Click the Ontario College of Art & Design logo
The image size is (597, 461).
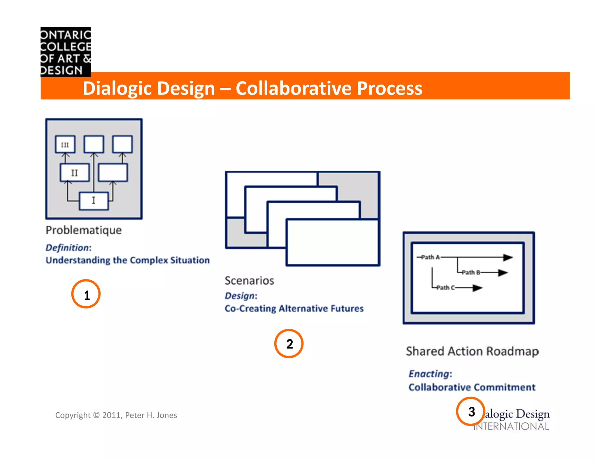[x=66, y=52]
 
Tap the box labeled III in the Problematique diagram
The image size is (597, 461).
[x=65, y=145]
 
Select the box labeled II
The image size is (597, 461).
[x=75, y=173]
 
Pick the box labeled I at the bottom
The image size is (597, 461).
[x=94, y=201]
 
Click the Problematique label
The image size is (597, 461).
[x=84, y=230]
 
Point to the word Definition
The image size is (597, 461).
[x=67, y=248]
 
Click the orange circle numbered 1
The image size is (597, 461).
[x=86, y=294]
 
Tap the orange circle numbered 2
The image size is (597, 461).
[x=289, y=344]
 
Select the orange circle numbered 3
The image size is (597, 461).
[x=470, y=411]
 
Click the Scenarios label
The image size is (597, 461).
[x=249, y=281]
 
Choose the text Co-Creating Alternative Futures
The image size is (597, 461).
[x=294, y=309]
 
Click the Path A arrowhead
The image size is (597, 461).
[x=508, y=257]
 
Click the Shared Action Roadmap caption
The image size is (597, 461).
[x=472, y=351]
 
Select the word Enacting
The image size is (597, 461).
[x=429, y=374]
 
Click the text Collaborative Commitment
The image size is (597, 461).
[x=472, y=387]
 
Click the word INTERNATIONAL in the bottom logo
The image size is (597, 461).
[x=512, y=427]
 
